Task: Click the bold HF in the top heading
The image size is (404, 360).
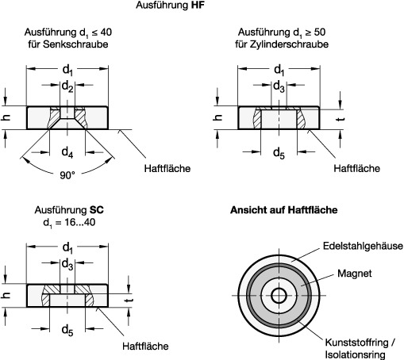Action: coord(198,5)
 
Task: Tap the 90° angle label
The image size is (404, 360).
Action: coord(67,175)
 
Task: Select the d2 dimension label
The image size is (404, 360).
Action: coord(67,86)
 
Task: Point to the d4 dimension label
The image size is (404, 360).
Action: coord(67,152)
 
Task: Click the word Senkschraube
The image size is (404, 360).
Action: coord(75,44)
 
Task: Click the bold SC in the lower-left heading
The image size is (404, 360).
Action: coord(97,210)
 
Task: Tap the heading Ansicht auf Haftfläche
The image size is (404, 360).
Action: coord(284,210)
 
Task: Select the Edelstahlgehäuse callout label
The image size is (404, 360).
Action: coord(363,246)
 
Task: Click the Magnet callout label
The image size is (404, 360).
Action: coord(355,274)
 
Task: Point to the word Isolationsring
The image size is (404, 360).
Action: coord(355,354)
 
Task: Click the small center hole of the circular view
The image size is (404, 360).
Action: coord(279,296)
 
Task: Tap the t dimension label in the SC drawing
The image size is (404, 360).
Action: coord(129,301)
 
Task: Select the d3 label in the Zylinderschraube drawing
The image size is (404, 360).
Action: coord(279,86)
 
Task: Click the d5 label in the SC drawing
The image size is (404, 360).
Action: coord(67,330)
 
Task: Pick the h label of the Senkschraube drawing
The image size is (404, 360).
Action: coord(6,117)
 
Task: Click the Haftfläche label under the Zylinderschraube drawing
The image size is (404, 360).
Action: coord(356,168)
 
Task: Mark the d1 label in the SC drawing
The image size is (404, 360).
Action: coord(67,247)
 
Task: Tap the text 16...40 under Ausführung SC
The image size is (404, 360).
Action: coord(80,222)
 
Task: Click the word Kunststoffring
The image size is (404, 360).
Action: coord(356,343)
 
